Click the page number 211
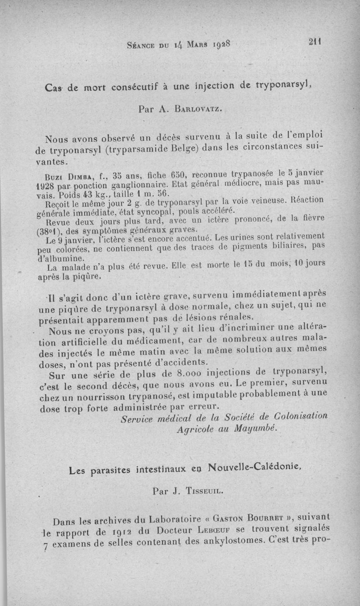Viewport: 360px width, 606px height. pyautogui.click(x=314, y=42)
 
